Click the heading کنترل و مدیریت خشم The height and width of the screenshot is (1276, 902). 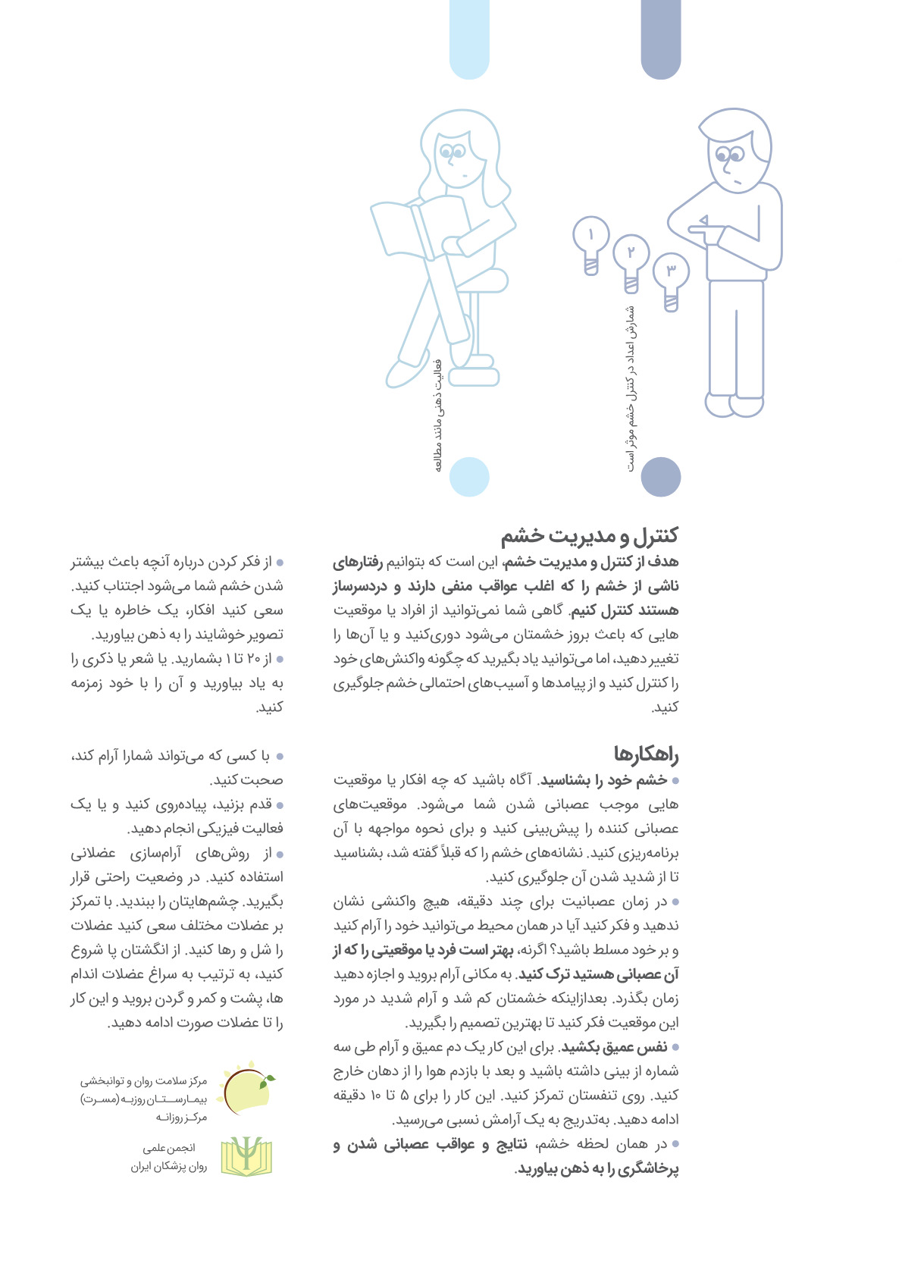589,536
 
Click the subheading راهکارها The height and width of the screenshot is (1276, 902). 646,754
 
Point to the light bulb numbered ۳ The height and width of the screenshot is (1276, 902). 671,277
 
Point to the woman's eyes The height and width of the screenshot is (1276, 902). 452,152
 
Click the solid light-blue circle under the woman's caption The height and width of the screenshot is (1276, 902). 469,477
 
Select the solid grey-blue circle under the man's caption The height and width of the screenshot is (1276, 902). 661,477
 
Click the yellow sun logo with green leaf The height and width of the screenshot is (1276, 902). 246,1091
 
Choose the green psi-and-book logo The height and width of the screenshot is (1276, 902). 246,1156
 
